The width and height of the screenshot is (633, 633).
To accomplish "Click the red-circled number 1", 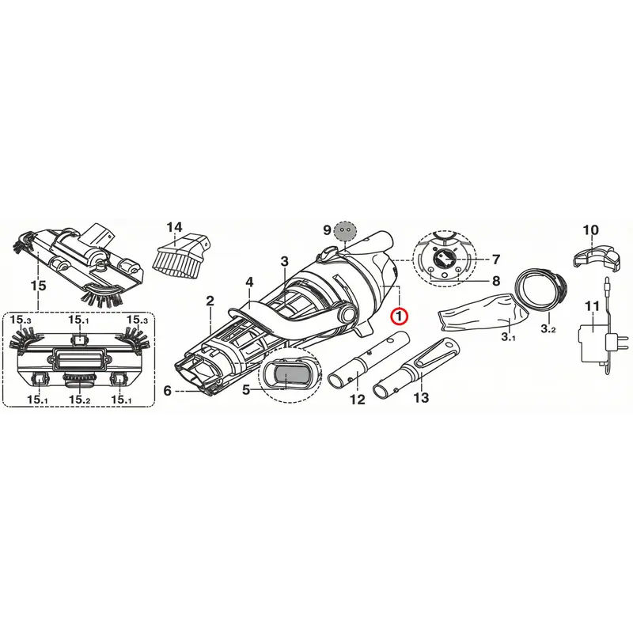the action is click(400, 316).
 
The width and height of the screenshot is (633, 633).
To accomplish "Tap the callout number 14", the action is click(174, 227).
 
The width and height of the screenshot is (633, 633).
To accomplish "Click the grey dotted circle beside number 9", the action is click(345, 231).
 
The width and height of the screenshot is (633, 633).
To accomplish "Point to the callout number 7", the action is click(496, 260).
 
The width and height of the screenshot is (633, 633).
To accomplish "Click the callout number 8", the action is click(496, 280).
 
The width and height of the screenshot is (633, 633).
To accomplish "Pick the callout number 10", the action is click(590, 230).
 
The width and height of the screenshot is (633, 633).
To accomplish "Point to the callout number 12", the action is click(358, 400).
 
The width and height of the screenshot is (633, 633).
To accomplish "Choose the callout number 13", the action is click(421, 398).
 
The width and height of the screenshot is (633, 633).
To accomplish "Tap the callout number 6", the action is click(168, 390).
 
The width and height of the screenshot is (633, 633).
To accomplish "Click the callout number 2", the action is click(210, 301).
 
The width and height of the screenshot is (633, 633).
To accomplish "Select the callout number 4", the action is click(249, 282).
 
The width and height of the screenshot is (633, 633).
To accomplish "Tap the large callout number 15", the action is click(38, 286).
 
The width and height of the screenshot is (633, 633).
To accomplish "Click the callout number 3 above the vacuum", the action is click(285, 261).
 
